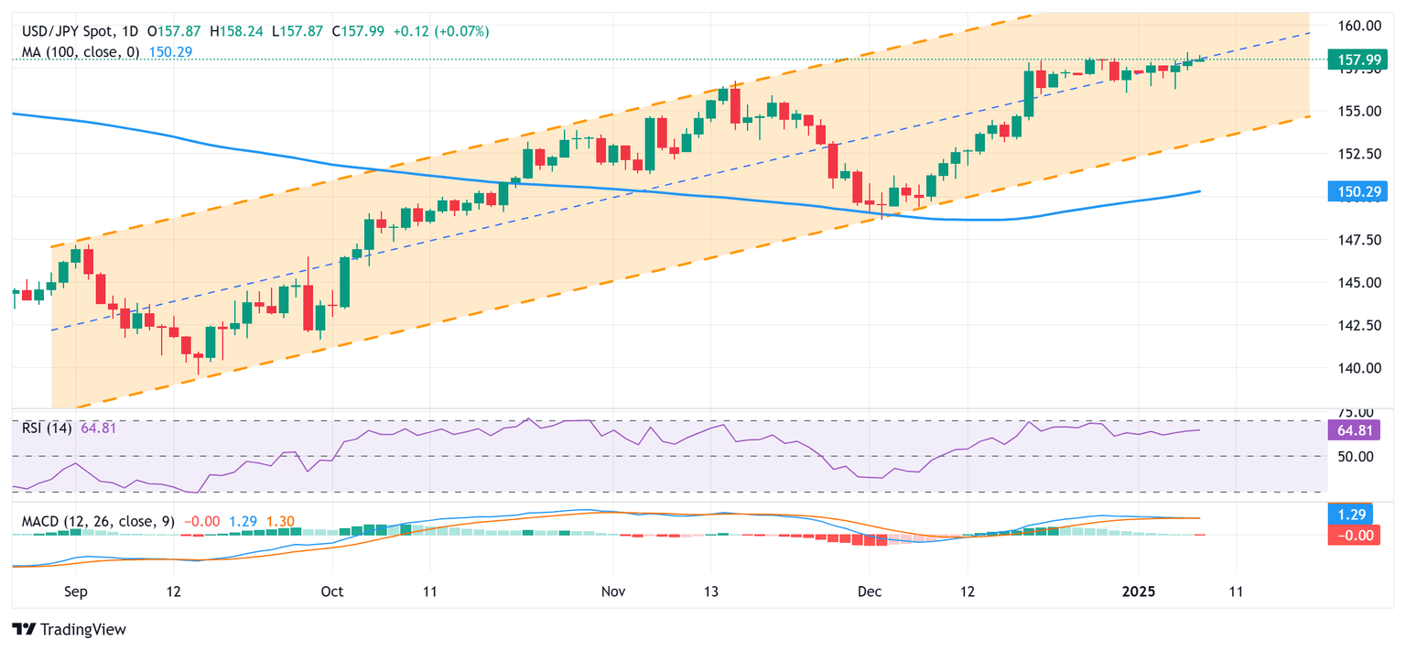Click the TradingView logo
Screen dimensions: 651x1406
(x=69, y=630)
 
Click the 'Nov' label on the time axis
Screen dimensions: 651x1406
(x=613, y=591)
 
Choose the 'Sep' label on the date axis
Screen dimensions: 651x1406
(x=76, y=591)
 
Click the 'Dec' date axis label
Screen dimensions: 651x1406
(x=869, y=591)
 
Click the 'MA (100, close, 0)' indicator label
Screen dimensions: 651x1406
(x=81, y=52)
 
